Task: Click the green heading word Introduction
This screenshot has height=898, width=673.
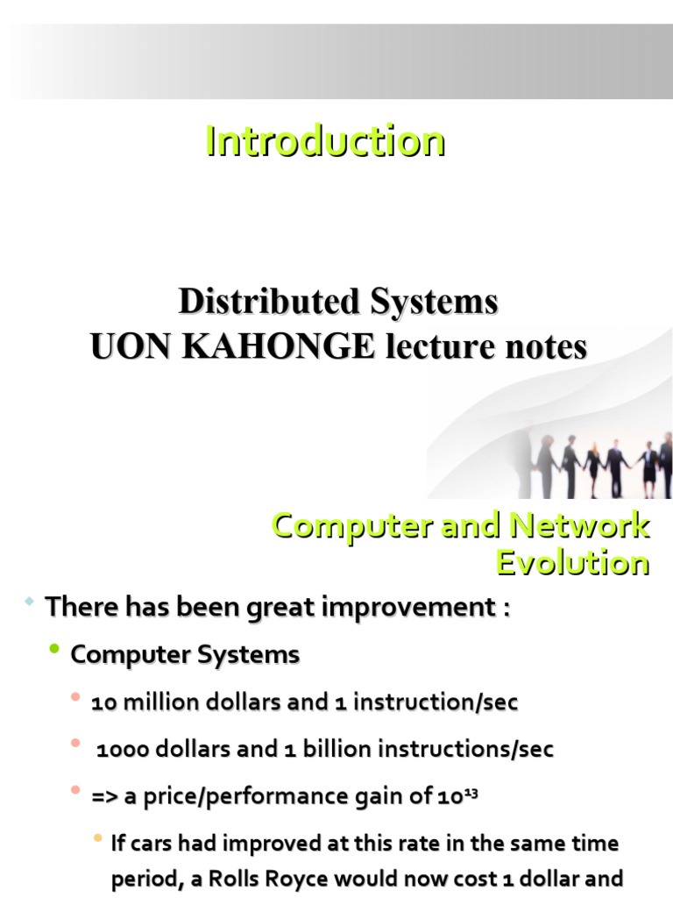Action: pyautogui.click(x=325, y=141)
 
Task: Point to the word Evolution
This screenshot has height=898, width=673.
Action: pyautogui.click(x=572, y=562)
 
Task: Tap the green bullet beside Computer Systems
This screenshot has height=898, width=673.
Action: pyautogui.click(x=54, y=650)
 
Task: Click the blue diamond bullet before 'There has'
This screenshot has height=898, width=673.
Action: pyautogui.click(x=29, y=602)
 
